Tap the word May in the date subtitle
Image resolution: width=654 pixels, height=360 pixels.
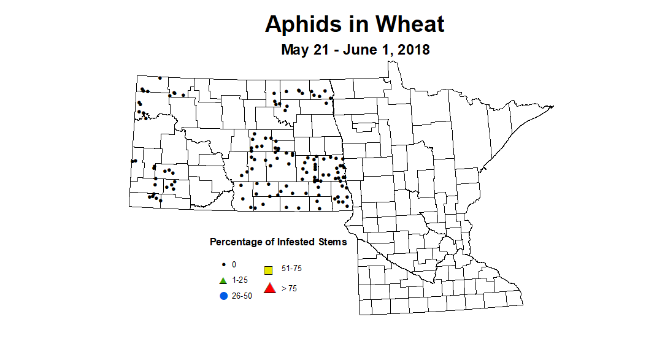point(294,50)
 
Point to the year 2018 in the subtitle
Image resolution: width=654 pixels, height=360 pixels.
point(414,50)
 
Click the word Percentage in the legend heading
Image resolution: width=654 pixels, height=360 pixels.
point(235,242)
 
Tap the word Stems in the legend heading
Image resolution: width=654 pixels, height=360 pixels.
point(333,242)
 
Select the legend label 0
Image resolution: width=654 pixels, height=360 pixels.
point(234,265)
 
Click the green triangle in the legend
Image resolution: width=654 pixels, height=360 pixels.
point(223,280)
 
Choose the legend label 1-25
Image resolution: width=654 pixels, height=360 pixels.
point(240,280)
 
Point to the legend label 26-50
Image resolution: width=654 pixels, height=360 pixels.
point(242,296)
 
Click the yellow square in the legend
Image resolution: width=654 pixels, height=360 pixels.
point(269,270)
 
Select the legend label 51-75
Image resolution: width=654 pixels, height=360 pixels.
point(291,269)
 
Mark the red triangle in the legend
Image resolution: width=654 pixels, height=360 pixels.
point(269,288)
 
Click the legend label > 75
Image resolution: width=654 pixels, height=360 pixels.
point(289,288)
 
